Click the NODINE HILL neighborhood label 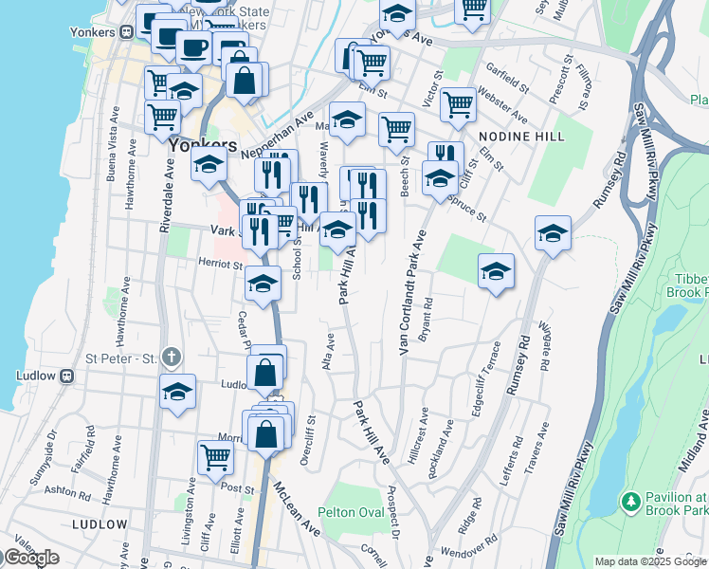(522, 137)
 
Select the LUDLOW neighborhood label (99, 524)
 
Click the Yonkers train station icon (125, 31)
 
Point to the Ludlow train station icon (67, 376)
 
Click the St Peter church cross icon (171, 358)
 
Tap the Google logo (32, 558)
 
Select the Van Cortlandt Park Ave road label (409, 292)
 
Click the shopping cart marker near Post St (216, 457)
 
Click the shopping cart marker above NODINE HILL (458, 104)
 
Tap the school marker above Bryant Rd (495, 271)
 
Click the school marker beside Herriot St (264, 282)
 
